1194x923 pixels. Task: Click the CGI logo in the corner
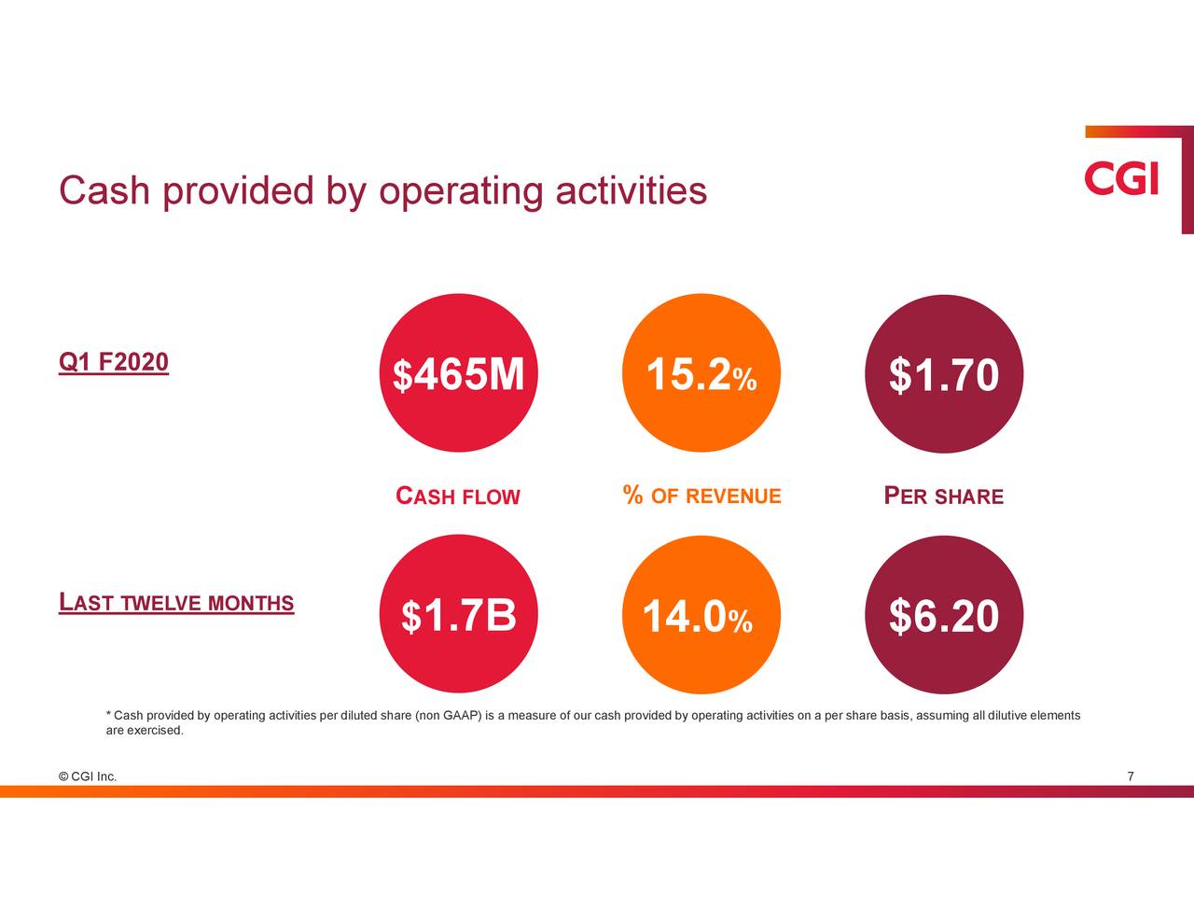[x=1121, y=179]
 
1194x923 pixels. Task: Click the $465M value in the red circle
[x=459, y=375]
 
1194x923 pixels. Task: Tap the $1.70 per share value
[x=944, y=375]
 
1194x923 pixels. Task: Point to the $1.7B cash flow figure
[x=459, y=616]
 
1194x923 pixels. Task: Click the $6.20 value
[x=944, y=617]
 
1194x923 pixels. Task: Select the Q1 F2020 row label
[x=113, y=362]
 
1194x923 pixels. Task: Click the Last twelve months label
[x=176, y=603]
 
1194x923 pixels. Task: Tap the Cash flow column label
[x=458, y=496]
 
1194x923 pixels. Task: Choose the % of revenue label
[x=701, y=496]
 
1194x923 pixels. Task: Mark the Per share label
[x=943, y=496]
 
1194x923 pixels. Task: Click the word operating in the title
[x=460, y=191]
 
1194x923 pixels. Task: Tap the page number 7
[x=1131, y=776]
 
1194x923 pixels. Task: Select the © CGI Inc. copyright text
[x=87, y=776]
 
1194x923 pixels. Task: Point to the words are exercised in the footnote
[x=145, y=730]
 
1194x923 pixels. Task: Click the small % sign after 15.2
[x=744, y=381]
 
